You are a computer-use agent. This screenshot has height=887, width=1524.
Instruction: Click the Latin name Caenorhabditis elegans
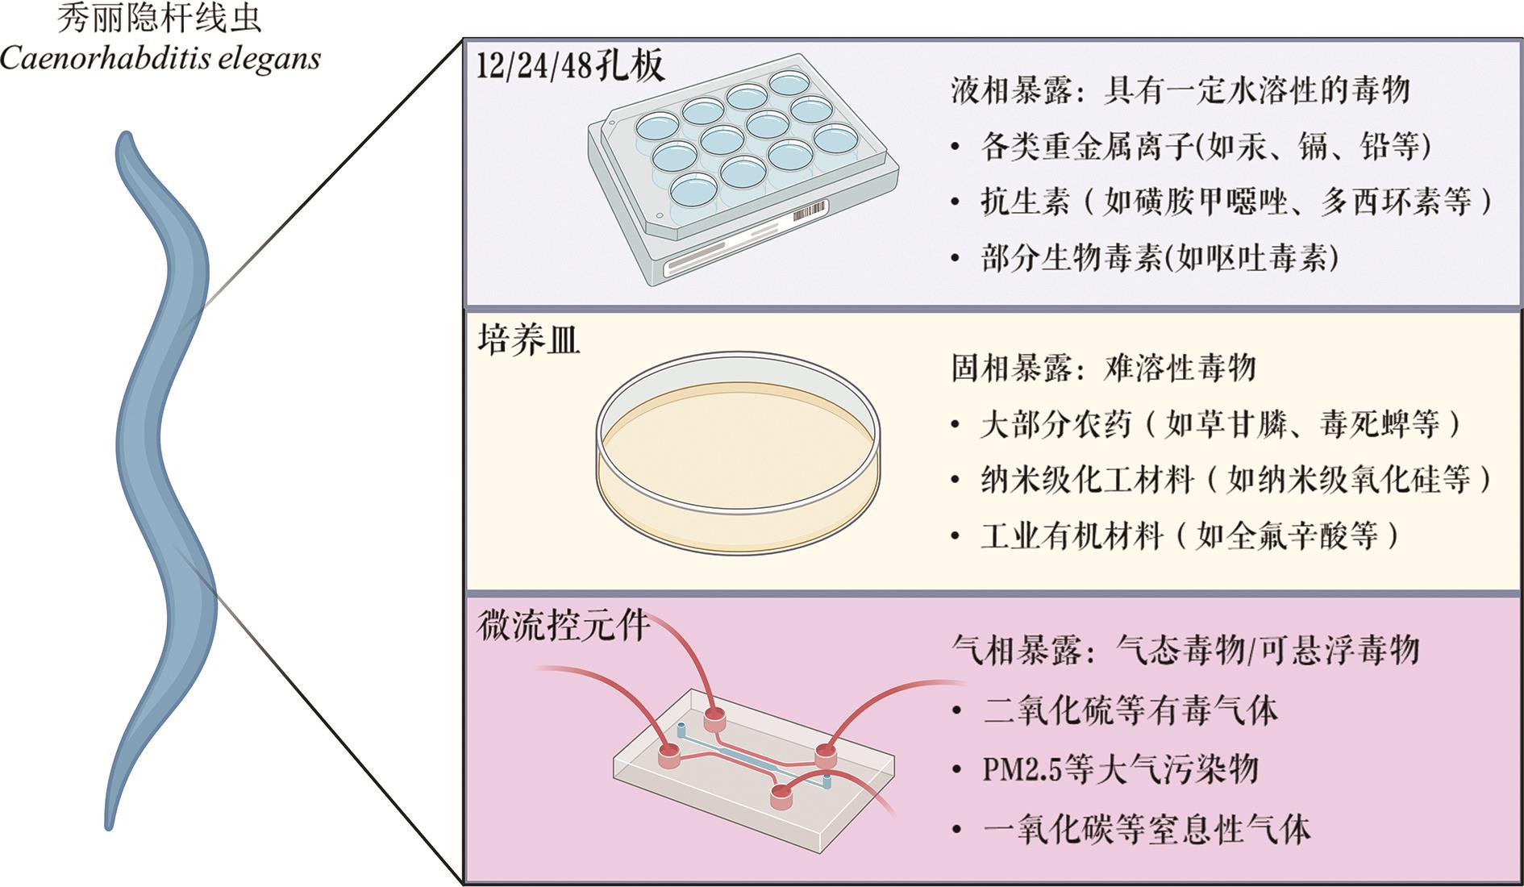160,59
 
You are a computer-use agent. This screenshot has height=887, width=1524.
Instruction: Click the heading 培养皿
529,340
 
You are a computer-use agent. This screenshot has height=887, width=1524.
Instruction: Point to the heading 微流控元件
564,625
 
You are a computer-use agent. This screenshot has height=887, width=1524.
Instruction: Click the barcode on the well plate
810,212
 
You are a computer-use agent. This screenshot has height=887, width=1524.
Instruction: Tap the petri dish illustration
738,452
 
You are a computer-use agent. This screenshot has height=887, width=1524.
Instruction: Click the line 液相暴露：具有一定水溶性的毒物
1180,90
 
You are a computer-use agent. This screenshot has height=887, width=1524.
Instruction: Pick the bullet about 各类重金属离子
1205,146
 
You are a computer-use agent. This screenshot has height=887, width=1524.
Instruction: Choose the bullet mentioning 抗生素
1236,202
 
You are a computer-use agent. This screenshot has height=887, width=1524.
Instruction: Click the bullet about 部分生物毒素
1160,258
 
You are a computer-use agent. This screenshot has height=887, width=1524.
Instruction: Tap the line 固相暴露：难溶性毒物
1104,368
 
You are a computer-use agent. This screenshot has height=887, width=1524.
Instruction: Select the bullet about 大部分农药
1221,424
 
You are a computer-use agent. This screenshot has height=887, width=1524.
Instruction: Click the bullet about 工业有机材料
1190,535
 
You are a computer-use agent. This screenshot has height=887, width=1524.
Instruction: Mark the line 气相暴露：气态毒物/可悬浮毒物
1185,649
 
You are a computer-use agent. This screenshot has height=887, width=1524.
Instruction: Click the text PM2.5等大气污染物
1120,770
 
